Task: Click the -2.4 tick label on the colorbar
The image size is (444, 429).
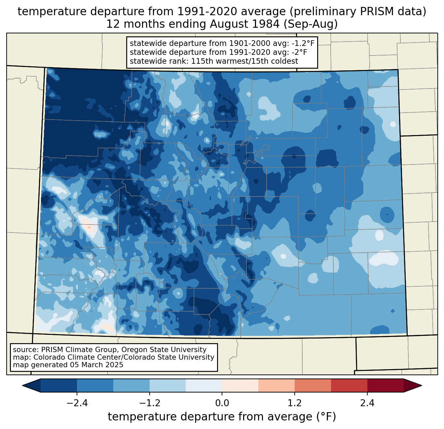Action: click(x=77, y=403)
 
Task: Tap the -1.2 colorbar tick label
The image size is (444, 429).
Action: click(x=150, y=403)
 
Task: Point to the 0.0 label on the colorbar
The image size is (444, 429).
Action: click(x=222, y=403)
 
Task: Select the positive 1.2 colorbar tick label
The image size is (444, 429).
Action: click(x=295, y=403)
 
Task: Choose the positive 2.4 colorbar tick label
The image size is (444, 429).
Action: click(x=367, y=403)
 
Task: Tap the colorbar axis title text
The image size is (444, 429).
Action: click(x=222, y=417)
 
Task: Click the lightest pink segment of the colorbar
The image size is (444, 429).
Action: click(x=240, y=385)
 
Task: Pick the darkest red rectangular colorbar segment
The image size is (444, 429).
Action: click(x=386, y=385)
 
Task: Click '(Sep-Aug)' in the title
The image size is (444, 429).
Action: click(x=311, y=24)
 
